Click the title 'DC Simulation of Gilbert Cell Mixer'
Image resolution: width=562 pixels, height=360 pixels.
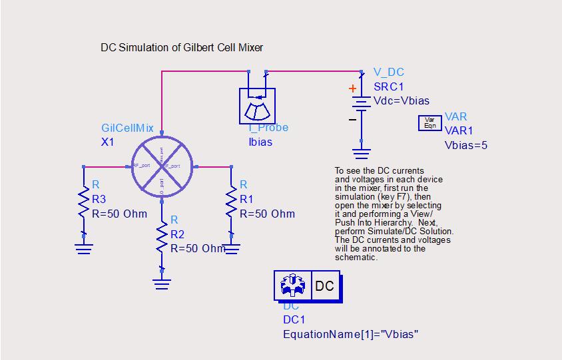[182, 47]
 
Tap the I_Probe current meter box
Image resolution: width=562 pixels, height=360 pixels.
[257, 104]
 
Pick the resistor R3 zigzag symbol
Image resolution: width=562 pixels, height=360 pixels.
[84, 198]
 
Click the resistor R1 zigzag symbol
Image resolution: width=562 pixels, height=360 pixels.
[230, 198]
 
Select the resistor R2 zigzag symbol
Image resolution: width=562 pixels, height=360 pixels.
[161, 237]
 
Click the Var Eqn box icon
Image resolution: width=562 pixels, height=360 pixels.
[429, 123]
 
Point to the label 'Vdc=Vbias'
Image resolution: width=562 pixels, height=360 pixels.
[401, 101]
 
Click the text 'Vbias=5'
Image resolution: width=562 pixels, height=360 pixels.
[465, 144]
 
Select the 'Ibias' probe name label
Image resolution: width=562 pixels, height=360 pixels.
[260, 142]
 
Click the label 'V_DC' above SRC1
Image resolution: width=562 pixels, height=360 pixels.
[388, 73]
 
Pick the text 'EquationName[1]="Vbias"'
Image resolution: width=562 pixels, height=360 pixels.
[350, 333]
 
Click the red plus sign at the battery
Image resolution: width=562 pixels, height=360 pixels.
[352, 89]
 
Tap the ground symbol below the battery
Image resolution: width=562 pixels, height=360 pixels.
[361, 154]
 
